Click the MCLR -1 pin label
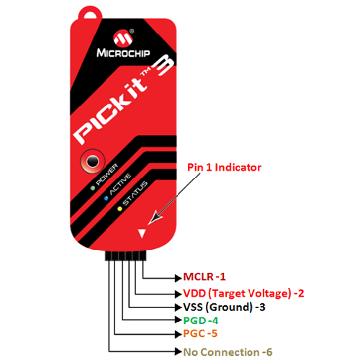pyautogui.click(x=204, y=276)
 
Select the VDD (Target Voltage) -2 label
pyautogui.click(x=243, y=293)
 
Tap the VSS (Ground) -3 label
pyautogui.click(x=224, y=307)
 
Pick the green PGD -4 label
pyautogui.click(x=201, y=320)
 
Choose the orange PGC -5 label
pyautogui.click(x=200, y=333)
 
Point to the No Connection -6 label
pyautogui.click(x=228, y=352)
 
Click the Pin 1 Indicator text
pyautogui.click(x=224, y=168)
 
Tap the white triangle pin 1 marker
pyautogui.click(x=142, y=233)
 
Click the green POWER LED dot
pyautogui.click(x=93, y=188)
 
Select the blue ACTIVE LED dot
pyautogui.click(x=106, y=199)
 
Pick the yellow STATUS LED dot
pyautogui.click(x=120, y=209)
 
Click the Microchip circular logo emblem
pyautogui.click(x=123, y=38)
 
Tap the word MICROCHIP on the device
pyautogui.click(x=123, y=53)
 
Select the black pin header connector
pyautogui.click(x=125, y=256)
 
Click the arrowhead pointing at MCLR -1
pyautogui.click(x=179, y=278)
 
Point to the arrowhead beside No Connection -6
pyautogui.click(x=179, y=351)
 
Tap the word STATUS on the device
pyautogui.click(x=135, y=193)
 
